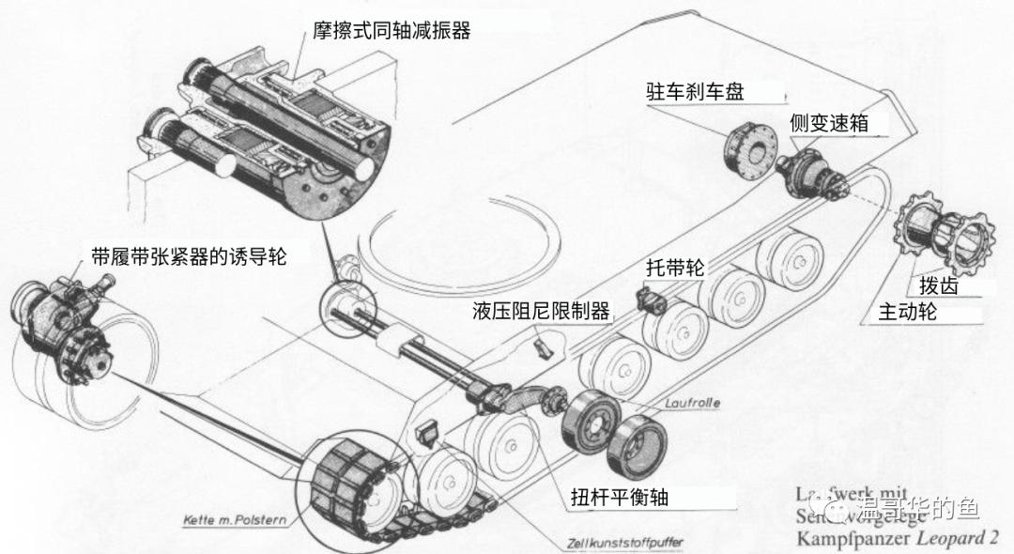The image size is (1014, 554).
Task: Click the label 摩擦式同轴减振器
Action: [391, 31]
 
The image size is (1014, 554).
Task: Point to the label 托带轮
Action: [674, 267]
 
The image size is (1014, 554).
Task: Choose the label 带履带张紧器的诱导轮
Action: [189, 255]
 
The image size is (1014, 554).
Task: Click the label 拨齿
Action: [925, 286]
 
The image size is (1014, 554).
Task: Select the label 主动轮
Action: [907, 312]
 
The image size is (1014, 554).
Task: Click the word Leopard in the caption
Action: [944, 538]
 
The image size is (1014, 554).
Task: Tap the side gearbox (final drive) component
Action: [814, 175]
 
